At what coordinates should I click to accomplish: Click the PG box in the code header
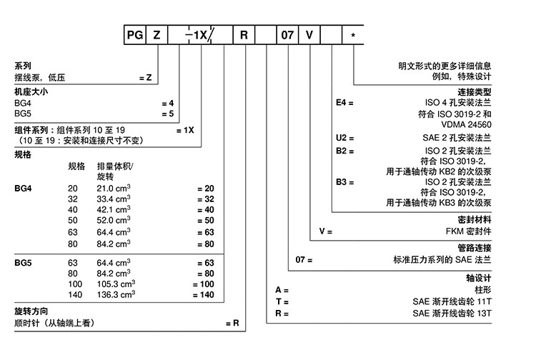[x=134, y=34]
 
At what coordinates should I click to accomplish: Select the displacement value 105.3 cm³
[x=114, y=284]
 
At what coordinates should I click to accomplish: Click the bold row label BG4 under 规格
[x=24, y=188]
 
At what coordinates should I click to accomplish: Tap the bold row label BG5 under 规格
[x=24, y=263]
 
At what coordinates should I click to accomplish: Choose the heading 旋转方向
[x=31, y=312]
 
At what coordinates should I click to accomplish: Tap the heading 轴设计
[x=482, y=277]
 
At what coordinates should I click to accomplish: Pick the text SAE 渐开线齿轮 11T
[x=453, y=301]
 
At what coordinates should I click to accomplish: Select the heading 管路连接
[x=477, y=247]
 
